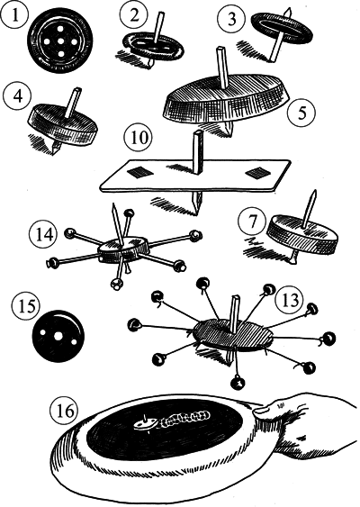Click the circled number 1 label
[14, 16]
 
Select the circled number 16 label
[65, 411]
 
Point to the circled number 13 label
[290, 300]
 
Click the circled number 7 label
[252, 222]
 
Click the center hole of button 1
[59, 41]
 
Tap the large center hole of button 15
[58, 336]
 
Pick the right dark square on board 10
[257, 172]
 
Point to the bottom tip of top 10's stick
[196, 214]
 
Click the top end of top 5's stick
[220, 50]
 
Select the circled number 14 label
[44, 234]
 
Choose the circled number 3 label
[231, 18]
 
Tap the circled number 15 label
[27, 306]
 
